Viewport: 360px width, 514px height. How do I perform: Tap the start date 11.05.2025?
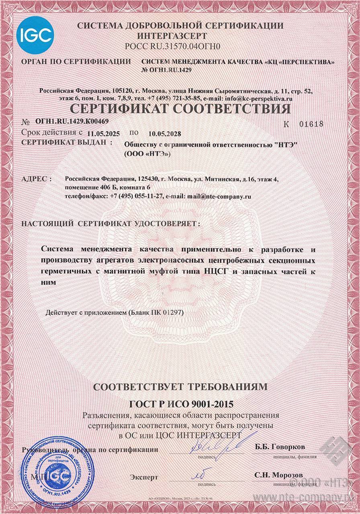coord(103,134)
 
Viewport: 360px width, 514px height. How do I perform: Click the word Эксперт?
coord(144,477)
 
